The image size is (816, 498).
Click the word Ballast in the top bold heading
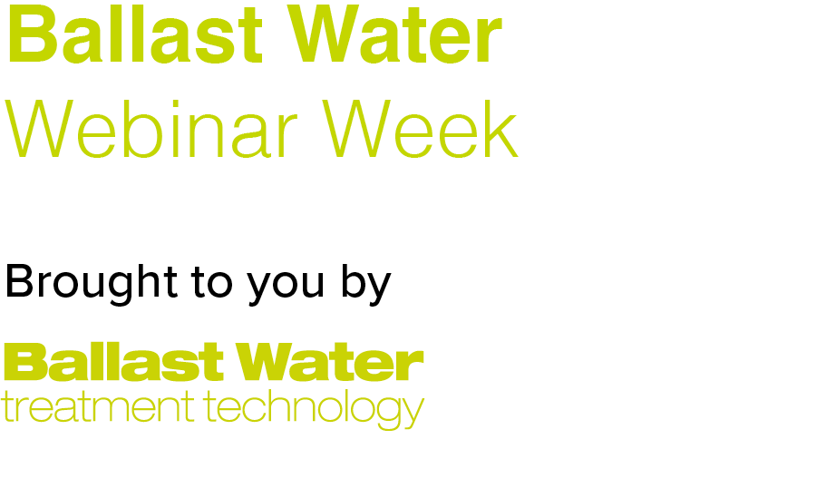(x=134, y=34)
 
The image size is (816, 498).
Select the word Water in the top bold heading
(x=394, y=34)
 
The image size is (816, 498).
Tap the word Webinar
(x=151, y=129)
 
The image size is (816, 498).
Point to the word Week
(x=421, y=129)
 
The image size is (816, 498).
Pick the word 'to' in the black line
(x=212, y=283)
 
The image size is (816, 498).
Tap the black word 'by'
(x=366, y=285)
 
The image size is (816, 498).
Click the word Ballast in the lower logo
(x=113, y=362)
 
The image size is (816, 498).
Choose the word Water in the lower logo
(x=330, y=362)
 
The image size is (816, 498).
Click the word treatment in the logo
(x=98, y=408)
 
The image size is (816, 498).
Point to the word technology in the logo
(x=314, y=411)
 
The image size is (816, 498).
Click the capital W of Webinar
(x=38, y=129)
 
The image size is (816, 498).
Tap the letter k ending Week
(x=503, y=129)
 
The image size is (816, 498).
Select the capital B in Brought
(x=19, y=281)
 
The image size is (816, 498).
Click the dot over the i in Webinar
(x=162, y=103)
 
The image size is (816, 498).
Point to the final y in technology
(x=413, y=414)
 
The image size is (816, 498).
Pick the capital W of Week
(x=355, y=129)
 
